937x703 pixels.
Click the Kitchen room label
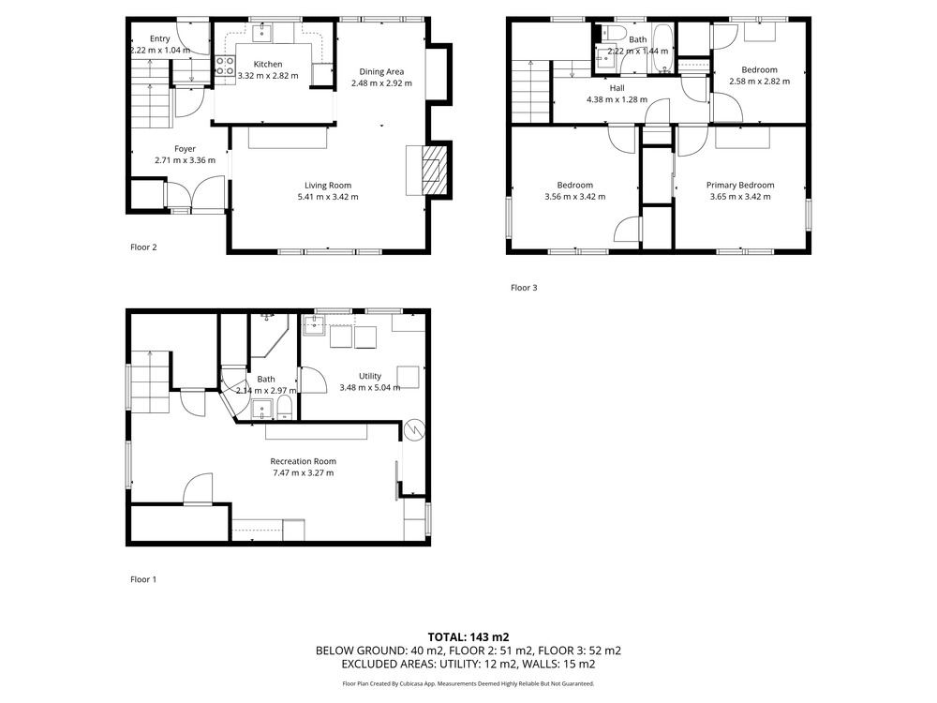(268, 64)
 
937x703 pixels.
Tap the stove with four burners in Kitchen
(225, 66)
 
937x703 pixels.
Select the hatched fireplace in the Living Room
(434, 171)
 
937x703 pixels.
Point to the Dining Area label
(381, 72)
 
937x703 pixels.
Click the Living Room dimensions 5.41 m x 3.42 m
(328, 197)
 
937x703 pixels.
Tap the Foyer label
(186, 149)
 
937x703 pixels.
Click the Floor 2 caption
(143, 247)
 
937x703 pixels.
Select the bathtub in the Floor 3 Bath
(662, 49)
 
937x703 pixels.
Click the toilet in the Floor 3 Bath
(613, 32)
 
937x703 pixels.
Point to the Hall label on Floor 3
(617, 88)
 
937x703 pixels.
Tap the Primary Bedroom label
(740, 186)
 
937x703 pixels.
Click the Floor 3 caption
(524, 288)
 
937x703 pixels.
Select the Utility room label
(370, 376)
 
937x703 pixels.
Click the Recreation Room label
(303, 461)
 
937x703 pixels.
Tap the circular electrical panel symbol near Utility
(413, 430)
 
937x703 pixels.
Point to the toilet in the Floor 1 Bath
(285, 408)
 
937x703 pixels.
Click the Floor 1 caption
(143, 579)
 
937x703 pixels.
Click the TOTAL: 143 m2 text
(468, 637)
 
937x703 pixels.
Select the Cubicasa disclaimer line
(468, 683)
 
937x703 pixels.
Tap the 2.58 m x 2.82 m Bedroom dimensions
(760, 82)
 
